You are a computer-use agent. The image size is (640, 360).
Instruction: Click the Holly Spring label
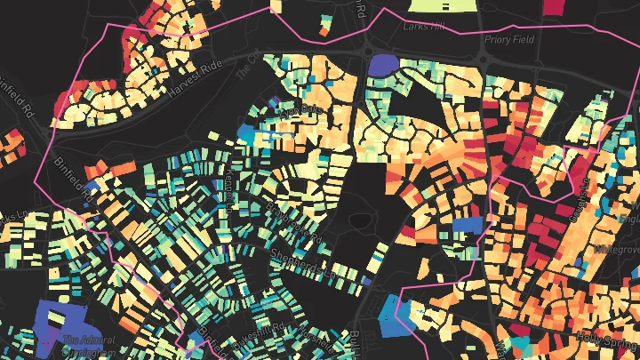click(607, 336)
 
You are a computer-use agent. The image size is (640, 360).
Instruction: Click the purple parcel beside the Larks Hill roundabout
click(383, 65)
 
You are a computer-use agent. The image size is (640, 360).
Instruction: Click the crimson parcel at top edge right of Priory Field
click(552, 6)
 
